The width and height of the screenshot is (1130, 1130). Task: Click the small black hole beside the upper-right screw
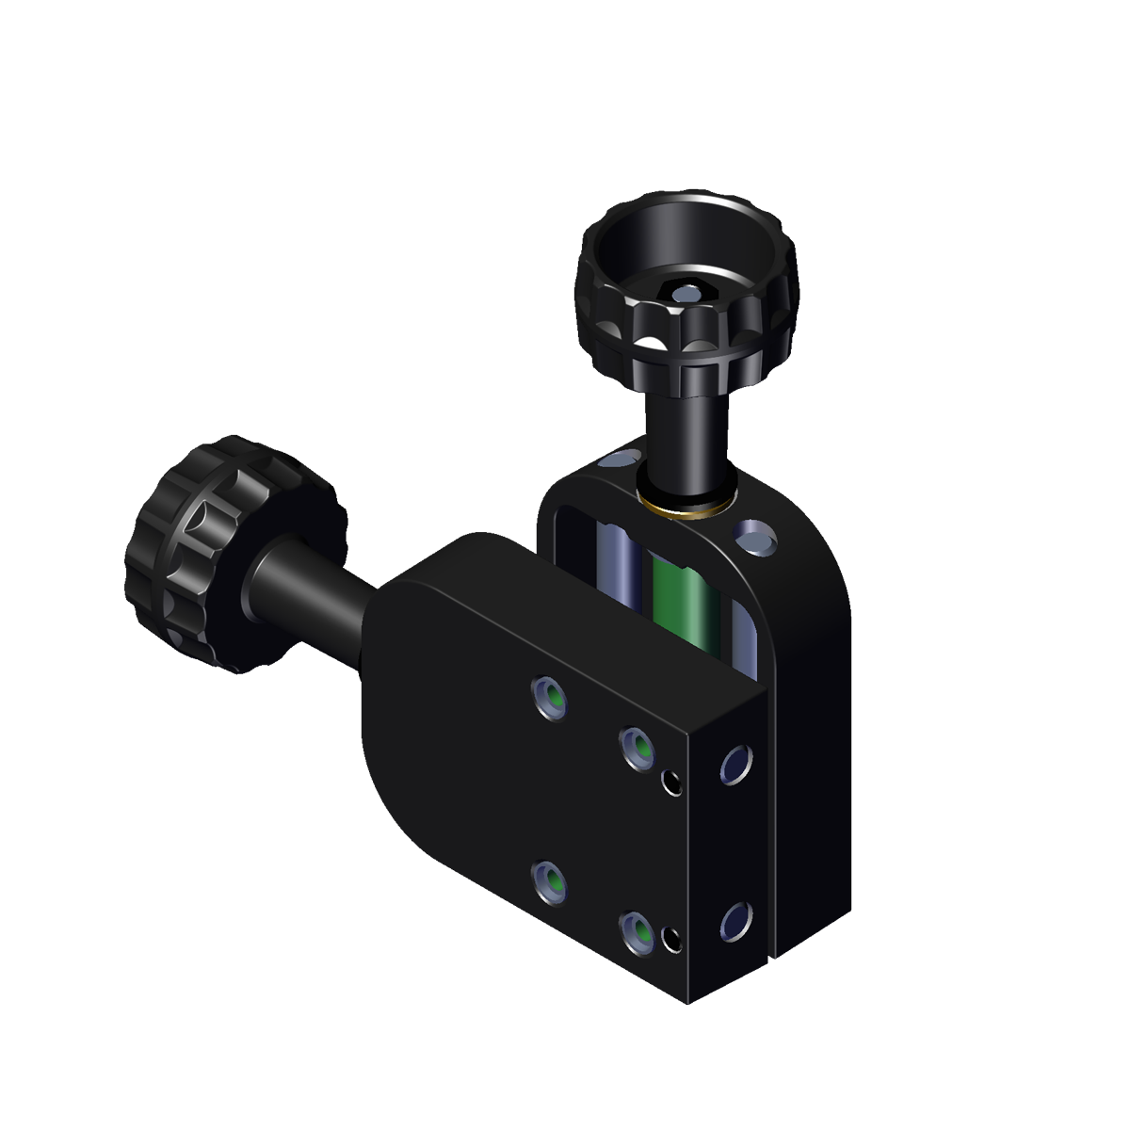tap(672, 781)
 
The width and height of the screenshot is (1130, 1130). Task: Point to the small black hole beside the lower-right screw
tap(671, 939)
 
